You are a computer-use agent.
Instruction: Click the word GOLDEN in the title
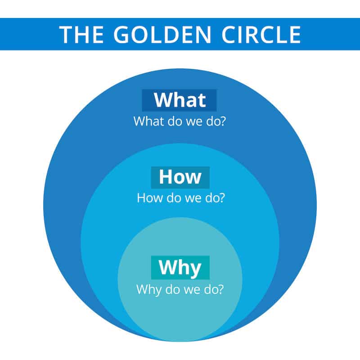[162, 35]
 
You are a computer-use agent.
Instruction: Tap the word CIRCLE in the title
[261, 35]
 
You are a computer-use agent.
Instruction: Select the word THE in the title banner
[81, 35]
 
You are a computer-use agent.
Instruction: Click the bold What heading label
[180, 100]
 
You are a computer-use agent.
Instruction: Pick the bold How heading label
[180, 177]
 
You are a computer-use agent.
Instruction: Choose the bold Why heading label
[180, 268]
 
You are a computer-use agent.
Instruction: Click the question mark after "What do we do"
[222, 121]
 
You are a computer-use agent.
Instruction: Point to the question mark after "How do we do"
[221, 198]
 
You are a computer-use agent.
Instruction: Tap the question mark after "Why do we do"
[220, 289]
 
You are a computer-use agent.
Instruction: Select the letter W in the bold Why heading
[168, 266]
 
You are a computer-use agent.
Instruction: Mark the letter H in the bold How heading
[166, 176]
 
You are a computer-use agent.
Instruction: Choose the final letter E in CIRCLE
[296, 35]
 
